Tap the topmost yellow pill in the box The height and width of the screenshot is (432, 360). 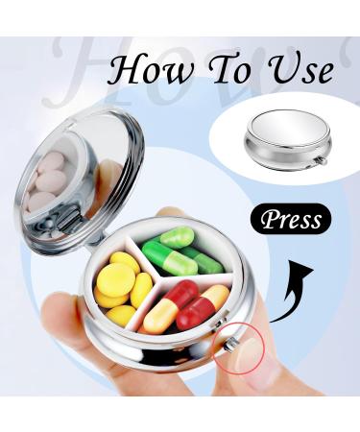pyautogui.click(x=125, y=262)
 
